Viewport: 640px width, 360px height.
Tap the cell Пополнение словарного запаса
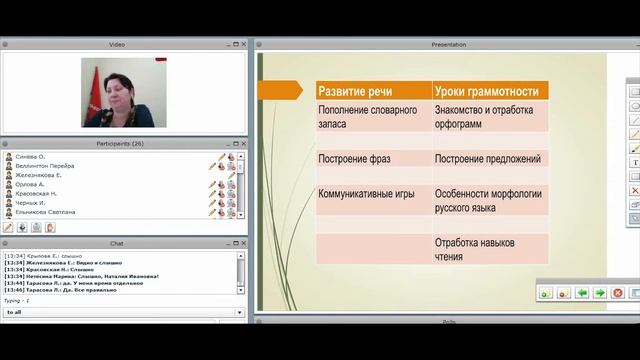coord(368,116)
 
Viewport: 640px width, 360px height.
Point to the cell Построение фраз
coord(354,158)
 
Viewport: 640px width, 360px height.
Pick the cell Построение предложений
coord(488,158)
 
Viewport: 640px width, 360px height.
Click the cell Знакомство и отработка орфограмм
coord(484,116)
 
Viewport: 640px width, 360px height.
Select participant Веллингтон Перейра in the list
coord(46,166)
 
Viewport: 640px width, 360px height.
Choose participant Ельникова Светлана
coord(46,212)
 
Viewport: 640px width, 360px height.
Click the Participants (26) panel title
coord(123,144)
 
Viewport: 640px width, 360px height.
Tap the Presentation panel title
coord(448,45)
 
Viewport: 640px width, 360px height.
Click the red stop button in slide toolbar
coord(618,293)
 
